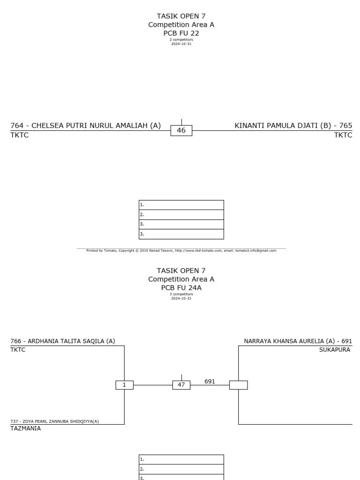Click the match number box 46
click(x=181, y=131)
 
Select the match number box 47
click(x=181, y=385)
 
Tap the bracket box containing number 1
click(x=124, y=385)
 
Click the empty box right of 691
click(x=239, y=385)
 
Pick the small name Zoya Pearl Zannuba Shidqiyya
click(x=54, y=421)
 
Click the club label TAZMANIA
click(x=25, y=428)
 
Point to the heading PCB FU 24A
click(x=181, y=288)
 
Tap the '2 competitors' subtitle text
click(x=181, y=40)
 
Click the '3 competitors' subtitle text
click(x=181, y=294)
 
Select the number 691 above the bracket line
click(x=210, y=382)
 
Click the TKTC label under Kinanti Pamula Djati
click(x=343, y=135)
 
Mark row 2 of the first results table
click(x=181, y=215)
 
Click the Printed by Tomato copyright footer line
click(x=181, y=251)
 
